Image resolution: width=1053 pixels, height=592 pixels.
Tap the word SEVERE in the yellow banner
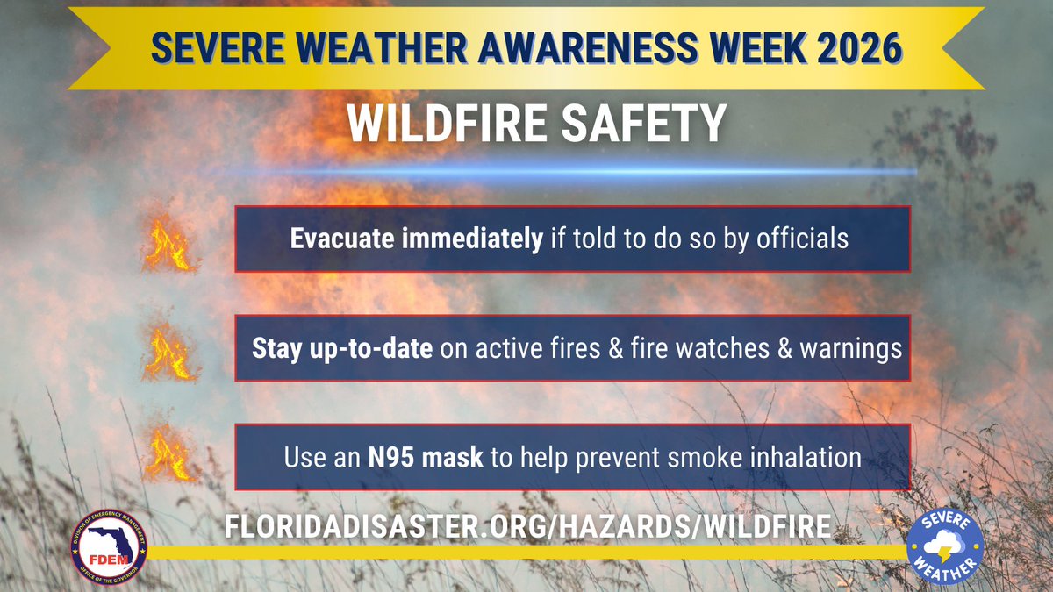pos(210,49)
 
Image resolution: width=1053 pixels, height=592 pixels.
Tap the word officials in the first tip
pos(806,239)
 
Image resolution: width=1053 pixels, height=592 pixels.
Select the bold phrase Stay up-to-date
pos(326,348)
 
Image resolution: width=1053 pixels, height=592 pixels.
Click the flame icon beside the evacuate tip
pos(168,246)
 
